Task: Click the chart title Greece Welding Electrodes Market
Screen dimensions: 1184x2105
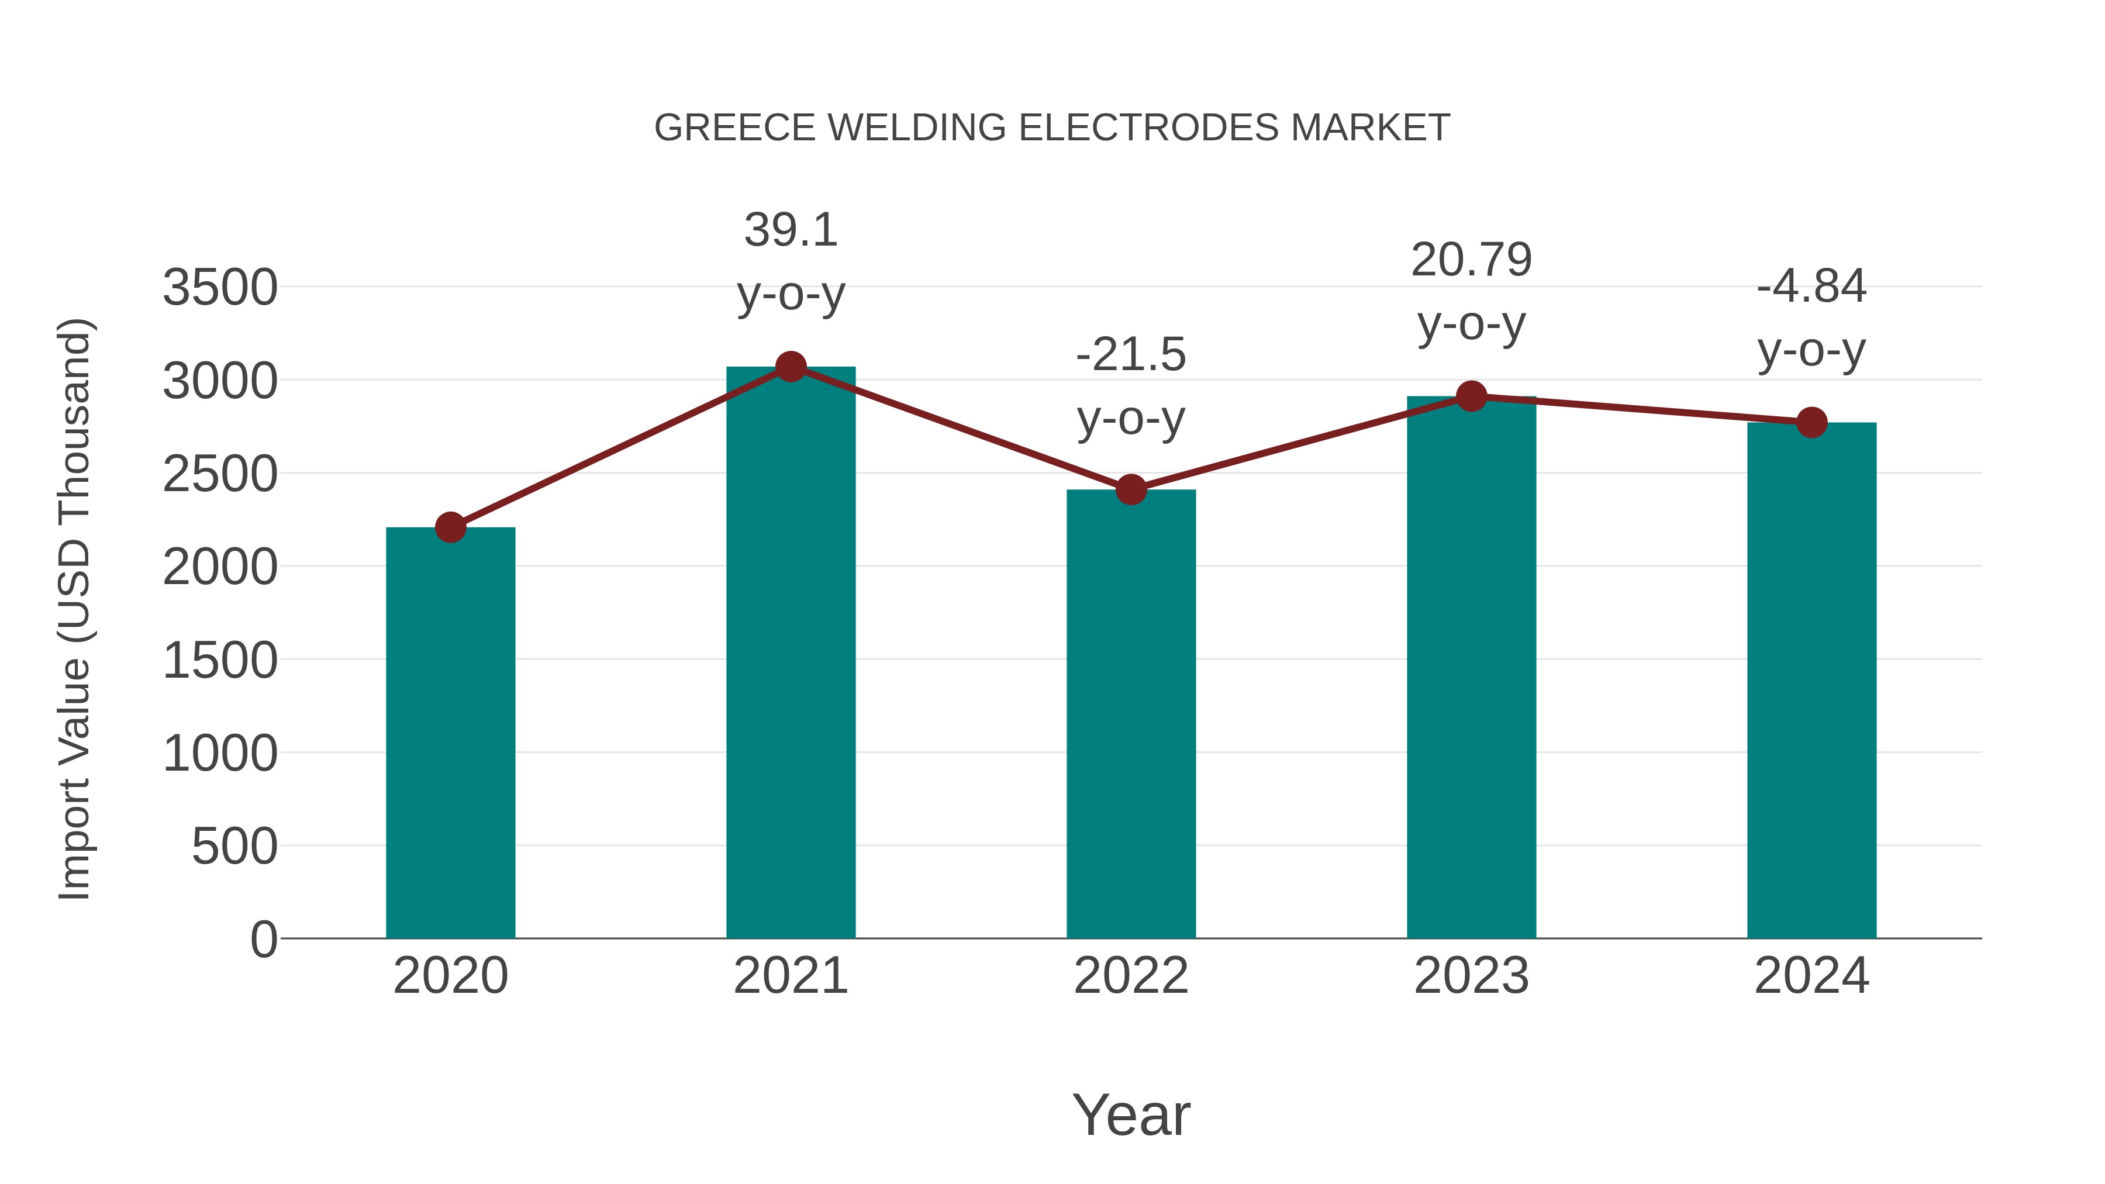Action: click(1052, 127)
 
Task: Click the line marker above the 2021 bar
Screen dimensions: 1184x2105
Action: click(790, 367)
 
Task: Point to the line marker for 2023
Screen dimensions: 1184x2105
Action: click(1471, 396)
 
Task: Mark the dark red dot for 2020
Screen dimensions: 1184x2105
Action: click(450, 527)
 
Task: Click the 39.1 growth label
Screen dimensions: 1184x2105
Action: click(790, 230)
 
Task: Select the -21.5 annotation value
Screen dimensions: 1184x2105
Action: click(1131, 355)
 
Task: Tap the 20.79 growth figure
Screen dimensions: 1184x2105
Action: click(1471, 260)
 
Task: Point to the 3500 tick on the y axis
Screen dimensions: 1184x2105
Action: click(220, 288)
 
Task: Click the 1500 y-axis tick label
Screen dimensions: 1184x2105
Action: click(220, 660)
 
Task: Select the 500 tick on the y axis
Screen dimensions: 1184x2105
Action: click(234, 847)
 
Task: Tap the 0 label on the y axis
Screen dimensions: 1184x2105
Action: click(263, 939)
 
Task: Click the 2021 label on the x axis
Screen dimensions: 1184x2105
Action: click(790, 976)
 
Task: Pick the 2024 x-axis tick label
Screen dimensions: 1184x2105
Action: click(1811, 976)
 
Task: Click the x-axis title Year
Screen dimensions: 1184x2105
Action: click(1131, 1114)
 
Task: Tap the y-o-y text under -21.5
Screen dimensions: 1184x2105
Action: click(1131, 420)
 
